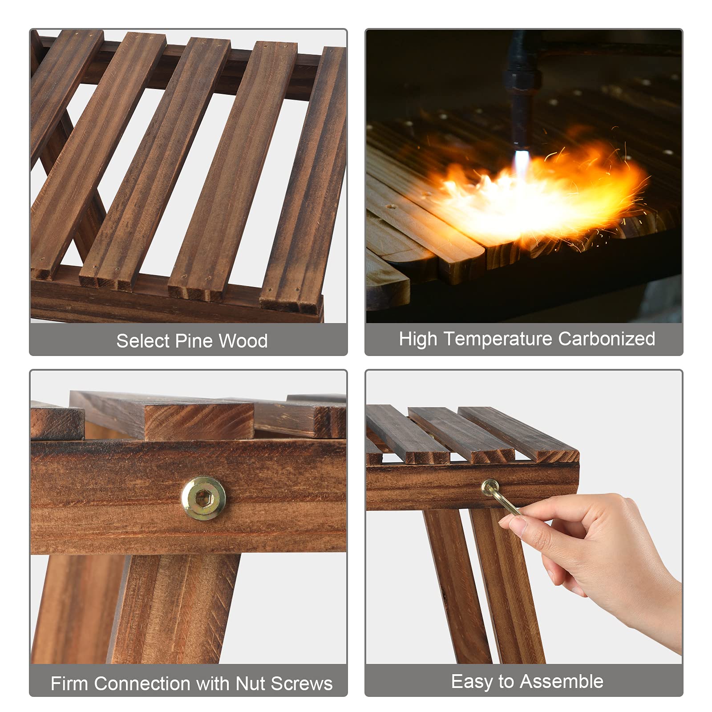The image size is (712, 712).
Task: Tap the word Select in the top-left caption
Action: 143,341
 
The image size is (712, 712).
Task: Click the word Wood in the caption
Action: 243,341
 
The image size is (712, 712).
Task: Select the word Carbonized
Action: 607,339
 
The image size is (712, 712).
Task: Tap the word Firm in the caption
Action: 69,684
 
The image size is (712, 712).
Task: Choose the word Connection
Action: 142,684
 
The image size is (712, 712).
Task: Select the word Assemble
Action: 562,681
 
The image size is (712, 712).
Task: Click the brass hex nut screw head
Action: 204,498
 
